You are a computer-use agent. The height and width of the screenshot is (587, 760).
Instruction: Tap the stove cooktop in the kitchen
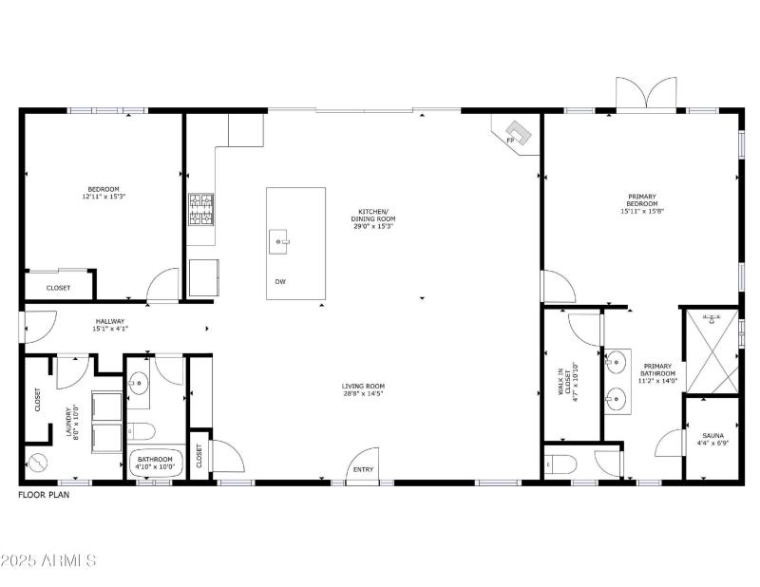200,210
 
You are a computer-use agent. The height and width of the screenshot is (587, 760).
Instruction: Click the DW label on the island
280,282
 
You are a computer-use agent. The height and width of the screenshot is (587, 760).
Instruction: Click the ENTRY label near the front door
364,469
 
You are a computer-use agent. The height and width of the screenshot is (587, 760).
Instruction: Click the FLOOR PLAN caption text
44,495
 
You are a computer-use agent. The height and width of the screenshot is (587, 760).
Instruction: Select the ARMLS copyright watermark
49,560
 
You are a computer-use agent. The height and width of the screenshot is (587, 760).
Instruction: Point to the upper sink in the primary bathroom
617,362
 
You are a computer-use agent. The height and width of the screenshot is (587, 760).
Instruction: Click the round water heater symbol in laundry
39,464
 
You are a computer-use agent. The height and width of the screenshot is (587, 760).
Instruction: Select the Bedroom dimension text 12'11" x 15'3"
104,197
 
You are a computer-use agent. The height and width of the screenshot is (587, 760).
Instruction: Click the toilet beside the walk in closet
562,464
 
